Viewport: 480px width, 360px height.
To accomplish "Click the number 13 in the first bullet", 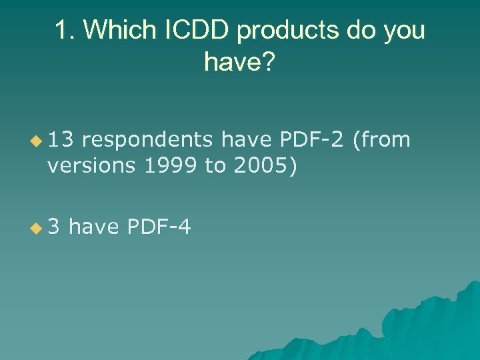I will pyautogui.click(x=61, y=139).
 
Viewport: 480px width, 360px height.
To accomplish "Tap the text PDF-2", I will pyautogui.click(x=312, y=139).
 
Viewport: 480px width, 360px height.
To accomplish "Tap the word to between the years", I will pyautogui.click(x=215, y=165).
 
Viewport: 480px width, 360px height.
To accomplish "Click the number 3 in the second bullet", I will pyautogui.click(x=53, y=227).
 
